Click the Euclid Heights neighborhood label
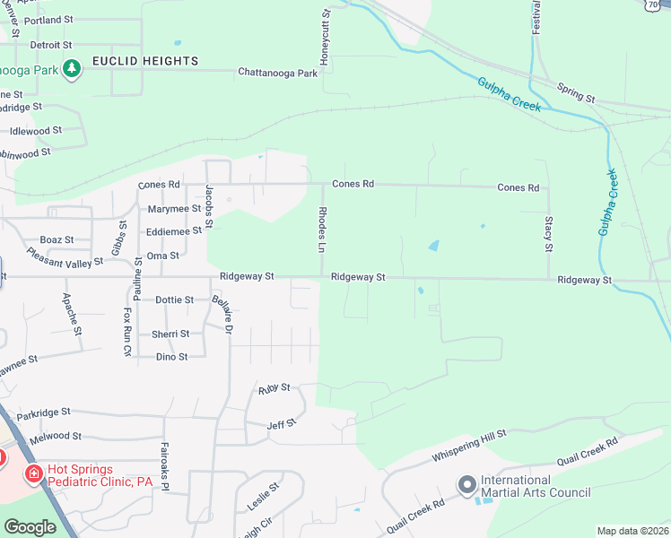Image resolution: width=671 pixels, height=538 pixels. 144,61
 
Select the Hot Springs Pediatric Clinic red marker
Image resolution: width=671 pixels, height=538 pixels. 33,473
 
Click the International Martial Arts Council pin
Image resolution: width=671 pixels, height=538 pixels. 466,485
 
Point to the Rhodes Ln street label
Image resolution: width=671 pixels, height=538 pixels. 323,230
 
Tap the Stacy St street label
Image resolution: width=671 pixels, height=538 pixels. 548,233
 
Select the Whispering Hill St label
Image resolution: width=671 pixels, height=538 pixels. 470,445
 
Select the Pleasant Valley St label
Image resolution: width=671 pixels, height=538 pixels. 65,259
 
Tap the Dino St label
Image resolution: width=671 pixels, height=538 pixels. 172,357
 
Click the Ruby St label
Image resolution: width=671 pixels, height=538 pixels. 274,387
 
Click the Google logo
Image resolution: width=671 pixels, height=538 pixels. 30,527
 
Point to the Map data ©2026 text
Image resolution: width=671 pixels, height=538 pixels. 632,531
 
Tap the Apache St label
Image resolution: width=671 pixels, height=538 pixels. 72,314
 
